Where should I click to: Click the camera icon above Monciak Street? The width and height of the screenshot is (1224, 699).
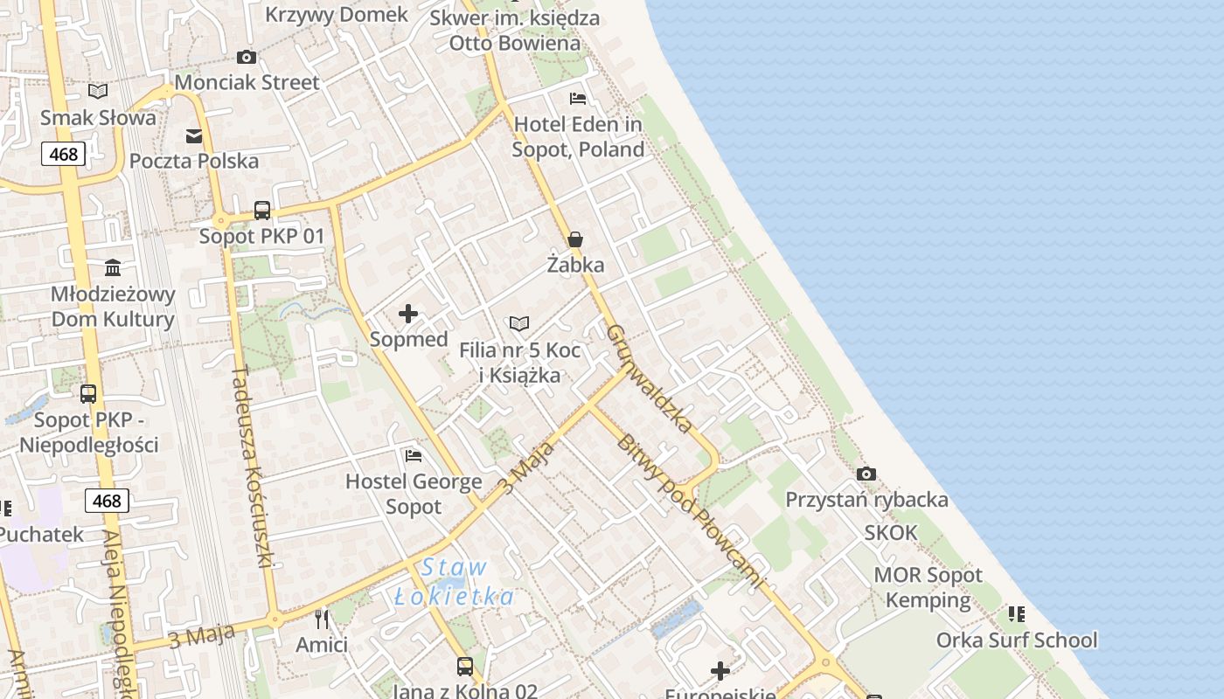[x=247, y=58]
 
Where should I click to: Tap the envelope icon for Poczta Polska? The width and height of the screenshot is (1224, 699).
[x=194, y=136]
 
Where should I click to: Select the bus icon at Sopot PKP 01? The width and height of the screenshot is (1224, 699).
[x=262, y=211]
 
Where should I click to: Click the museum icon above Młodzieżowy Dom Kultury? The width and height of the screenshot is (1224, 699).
[x=113, y=267]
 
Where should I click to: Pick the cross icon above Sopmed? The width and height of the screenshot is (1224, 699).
[x=408, y=314]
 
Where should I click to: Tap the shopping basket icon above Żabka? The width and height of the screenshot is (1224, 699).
[x=575, y=239]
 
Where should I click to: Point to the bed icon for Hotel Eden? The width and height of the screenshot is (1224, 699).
[x=578, y=99]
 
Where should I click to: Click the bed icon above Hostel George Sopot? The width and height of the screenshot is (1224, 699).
[x=414, y=456]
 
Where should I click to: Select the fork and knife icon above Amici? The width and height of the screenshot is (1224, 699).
[x=322, y=619]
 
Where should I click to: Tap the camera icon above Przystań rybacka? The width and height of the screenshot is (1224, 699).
[x=866, y=474]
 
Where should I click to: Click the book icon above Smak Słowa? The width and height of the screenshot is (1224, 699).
[x=98, y=92]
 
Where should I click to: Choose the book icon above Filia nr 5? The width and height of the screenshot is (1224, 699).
[x=519, y=324]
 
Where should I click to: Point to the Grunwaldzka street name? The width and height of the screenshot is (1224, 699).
[x=650, y=378]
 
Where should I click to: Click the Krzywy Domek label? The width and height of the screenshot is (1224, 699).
[x=337, y=14]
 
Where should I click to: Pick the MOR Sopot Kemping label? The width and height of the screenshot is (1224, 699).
[x=928, y=587]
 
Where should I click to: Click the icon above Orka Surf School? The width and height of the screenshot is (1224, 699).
[x=1016, y=614]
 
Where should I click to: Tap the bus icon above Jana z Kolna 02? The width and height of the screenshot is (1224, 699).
[x=465, y=667]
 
